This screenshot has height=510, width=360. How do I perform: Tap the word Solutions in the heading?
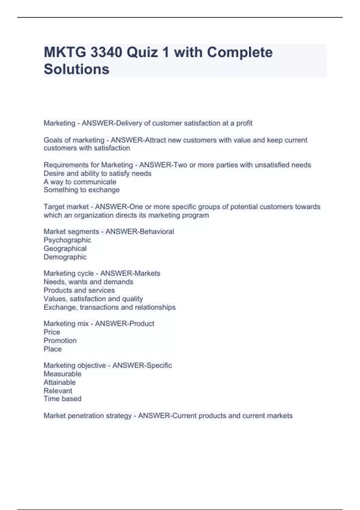point(76,69)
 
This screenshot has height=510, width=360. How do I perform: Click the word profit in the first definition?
point(244,123)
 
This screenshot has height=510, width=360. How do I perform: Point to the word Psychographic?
point(67,240)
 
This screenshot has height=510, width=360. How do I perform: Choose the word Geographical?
point(65,248)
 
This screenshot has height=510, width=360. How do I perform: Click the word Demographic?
point(65,257)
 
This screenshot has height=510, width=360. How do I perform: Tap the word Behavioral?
point(155,232)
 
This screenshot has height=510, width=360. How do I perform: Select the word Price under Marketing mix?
point(52,332)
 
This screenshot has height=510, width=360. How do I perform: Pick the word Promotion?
point(60,340)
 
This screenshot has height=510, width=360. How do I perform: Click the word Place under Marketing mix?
point(52,349)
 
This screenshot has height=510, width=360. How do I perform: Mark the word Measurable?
point(62,374)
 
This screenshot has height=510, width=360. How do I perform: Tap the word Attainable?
point(59,382)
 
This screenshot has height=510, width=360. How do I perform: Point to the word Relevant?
point(58,391)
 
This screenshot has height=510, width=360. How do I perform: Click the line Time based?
point(62,399)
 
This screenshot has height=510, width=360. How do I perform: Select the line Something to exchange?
point(82,190)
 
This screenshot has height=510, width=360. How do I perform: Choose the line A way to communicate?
point(80,182)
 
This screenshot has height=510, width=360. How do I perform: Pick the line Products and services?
point(79,290)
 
